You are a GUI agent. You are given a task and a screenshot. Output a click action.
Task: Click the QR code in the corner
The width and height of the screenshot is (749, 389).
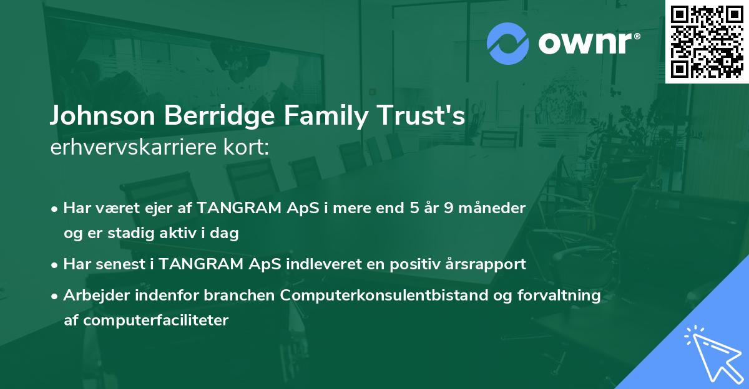point(707,41)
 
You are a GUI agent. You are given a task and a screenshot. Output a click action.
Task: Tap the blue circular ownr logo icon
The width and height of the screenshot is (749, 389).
point(508,43)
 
